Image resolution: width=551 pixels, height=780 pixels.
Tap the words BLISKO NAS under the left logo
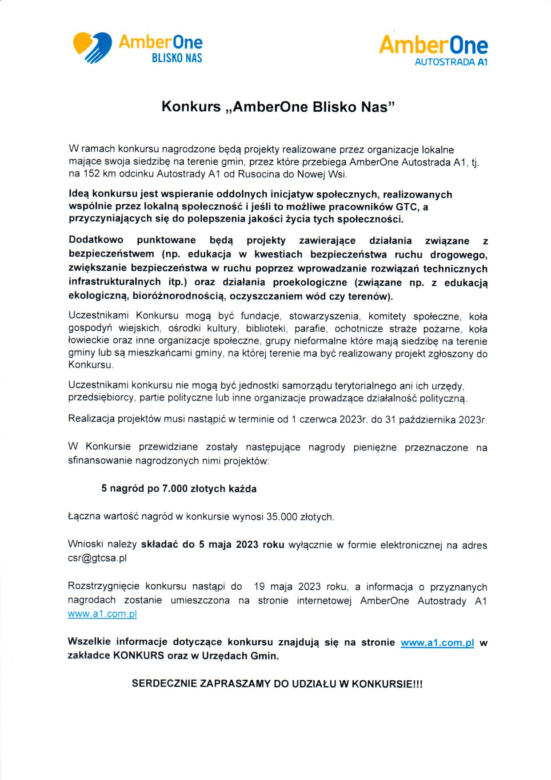(x=177, y=58)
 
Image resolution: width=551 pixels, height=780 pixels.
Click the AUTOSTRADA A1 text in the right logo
(x=451, y=62)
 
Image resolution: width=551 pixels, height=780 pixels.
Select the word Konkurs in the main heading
(x=191, y=107)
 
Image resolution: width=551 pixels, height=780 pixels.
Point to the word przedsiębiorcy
(x=101, y=398)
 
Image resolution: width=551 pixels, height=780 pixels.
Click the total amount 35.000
(x=281, y=517)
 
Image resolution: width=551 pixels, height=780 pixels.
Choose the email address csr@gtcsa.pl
(x=97, y=558)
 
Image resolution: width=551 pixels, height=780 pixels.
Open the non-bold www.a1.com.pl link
(x=102, y=614)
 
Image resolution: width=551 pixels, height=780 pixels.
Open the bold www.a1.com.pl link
(x=437, y=643)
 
